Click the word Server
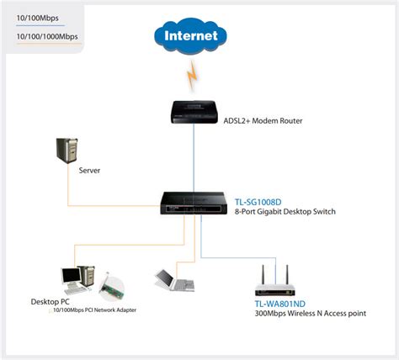coord(90,170)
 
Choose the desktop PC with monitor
coord(75,280)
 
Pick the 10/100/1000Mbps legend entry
coord(46,36)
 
